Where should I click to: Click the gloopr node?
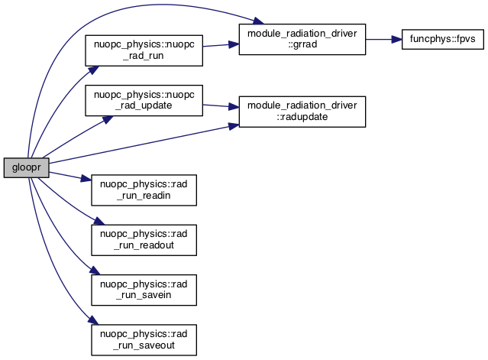25,167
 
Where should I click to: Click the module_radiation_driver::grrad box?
302,38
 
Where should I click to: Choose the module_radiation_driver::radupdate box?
302,112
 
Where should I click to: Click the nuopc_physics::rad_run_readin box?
144,190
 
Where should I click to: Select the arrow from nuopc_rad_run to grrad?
220,44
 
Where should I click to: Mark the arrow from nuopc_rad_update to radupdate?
220,106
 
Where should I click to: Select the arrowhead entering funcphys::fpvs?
396,38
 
